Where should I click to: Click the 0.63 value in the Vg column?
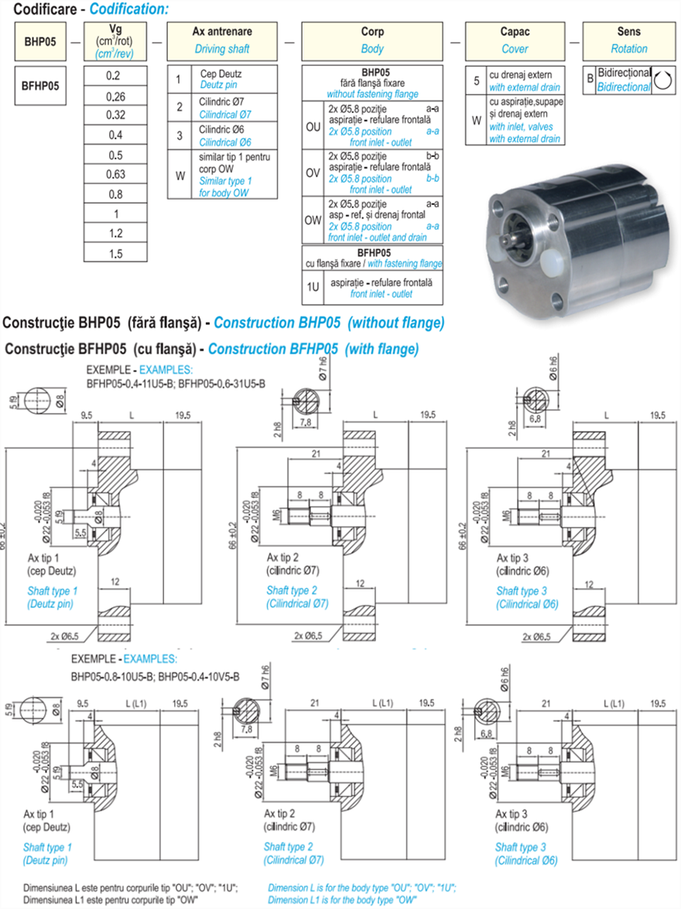[x=115, y=174]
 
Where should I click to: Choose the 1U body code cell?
[x=313, y=287]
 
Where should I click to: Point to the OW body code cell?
[x=313, y=220]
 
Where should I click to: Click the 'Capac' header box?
[x=515, y=41]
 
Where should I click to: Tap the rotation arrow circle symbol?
[x=661, y=80]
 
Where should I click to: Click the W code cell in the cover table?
[x=477, y=120]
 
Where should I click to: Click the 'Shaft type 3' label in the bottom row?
[x=520, y=847]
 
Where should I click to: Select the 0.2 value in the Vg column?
[x=115, y=76]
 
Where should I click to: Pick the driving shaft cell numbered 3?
[x=179, y=135]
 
